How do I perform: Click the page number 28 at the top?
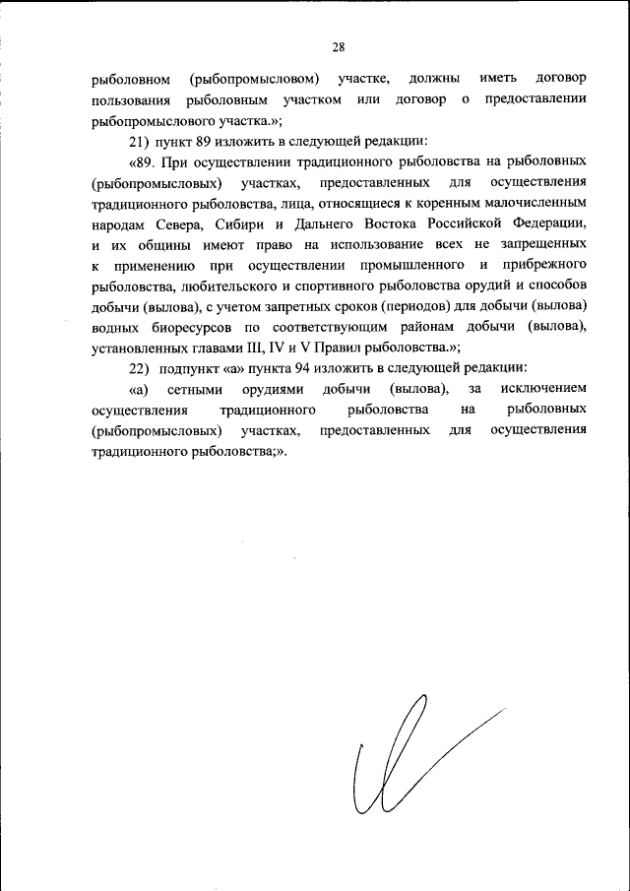[338, 46]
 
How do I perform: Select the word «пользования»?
[129, 99]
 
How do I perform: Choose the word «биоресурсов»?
[189, 327]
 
